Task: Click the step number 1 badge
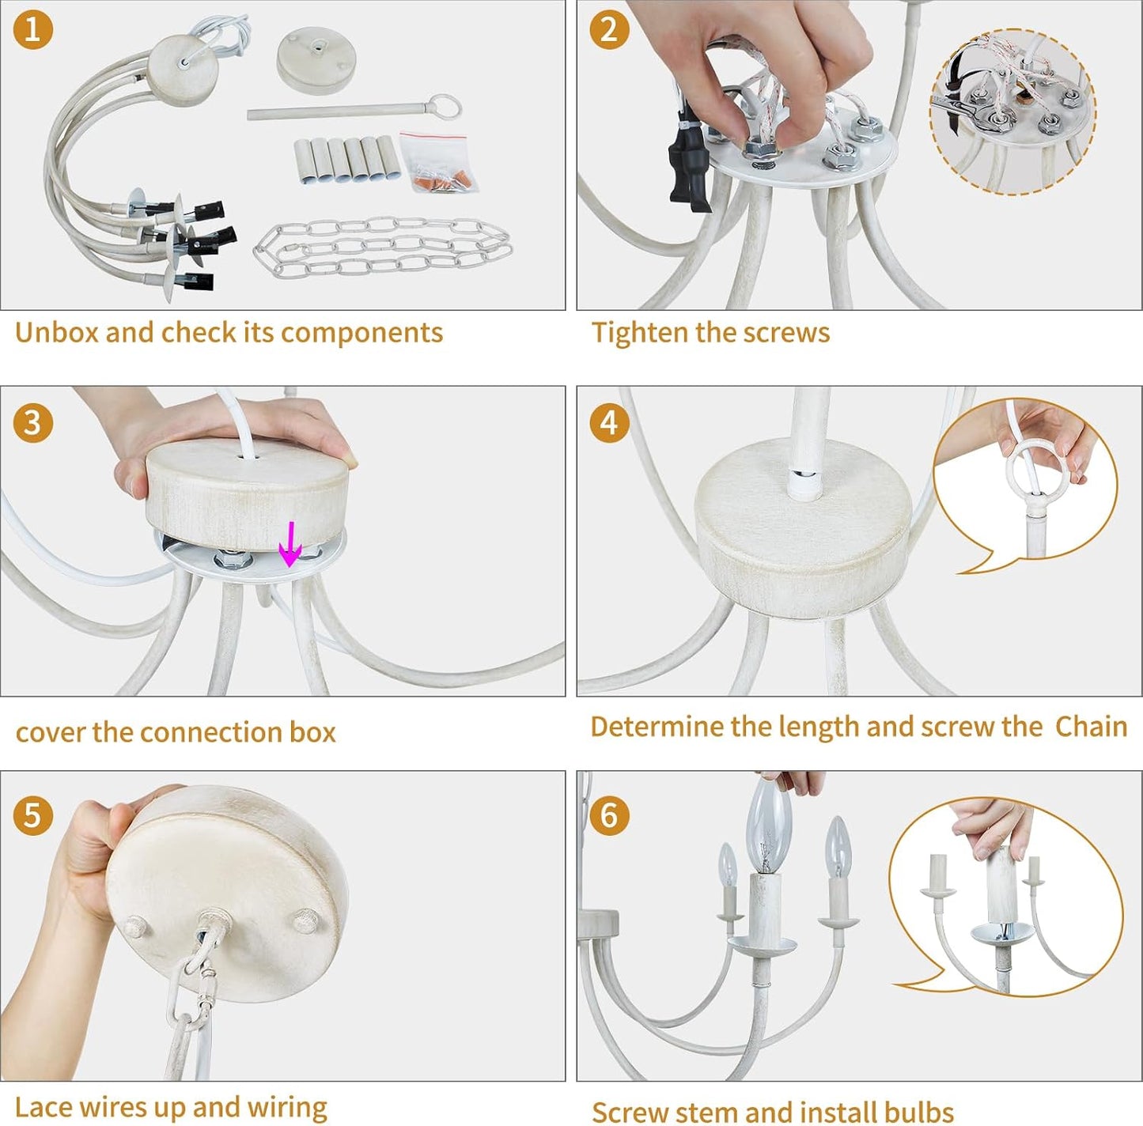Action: click(33, 29)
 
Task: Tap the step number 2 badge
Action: click(609, 29)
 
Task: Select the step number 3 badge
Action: click(33, 423)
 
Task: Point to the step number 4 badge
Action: click(609, 423)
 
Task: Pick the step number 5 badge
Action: click(33, 814)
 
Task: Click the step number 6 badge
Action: click(609, 814)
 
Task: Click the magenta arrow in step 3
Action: click(290, 543)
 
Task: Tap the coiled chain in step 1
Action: click(383, 246)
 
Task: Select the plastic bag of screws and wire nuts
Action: click(438, 161)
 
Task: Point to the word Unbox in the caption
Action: click(57, 333)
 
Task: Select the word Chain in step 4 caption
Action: click(1091, 727)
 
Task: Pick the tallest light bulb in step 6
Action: click(769, 826)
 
